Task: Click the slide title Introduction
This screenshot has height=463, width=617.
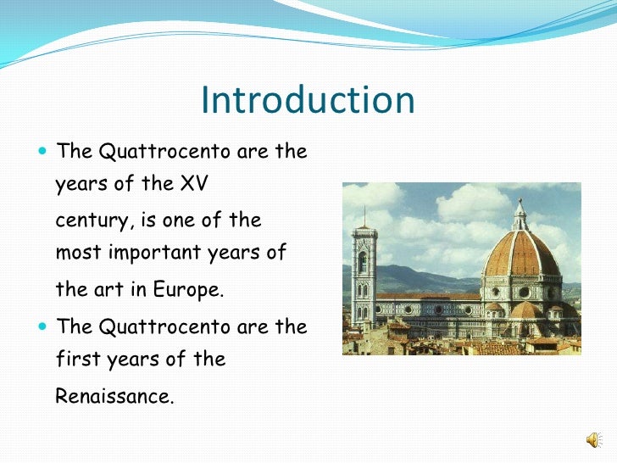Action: pos(308,101)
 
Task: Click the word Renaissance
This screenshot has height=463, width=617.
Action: pos(114,395)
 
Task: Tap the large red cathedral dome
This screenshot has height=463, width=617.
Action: pos(520,251)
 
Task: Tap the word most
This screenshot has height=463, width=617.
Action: pos(75,253)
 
